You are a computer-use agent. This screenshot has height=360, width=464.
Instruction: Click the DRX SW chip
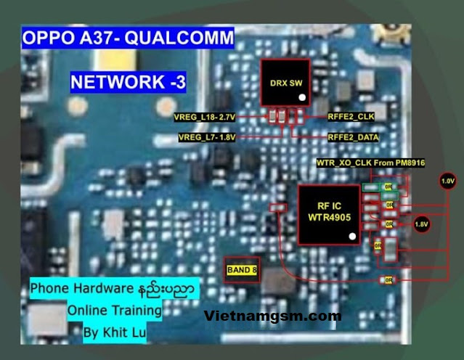[x=285, y=85]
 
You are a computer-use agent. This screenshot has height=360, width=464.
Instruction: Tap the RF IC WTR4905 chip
[x=328, y=213]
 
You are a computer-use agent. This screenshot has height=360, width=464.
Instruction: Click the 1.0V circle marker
[x=448, y=180]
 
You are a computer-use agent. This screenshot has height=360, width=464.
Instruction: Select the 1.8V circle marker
[x=421, y=225]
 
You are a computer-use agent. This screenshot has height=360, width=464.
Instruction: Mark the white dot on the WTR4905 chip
[x=351, y=237]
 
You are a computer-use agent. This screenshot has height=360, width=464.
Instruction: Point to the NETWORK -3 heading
[x=128, y=82]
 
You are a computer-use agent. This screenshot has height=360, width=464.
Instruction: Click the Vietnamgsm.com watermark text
[x=272, y=316]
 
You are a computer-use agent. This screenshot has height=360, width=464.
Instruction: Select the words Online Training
[x=115, y=310]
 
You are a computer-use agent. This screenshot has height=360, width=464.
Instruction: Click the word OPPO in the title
[x=45, y=38]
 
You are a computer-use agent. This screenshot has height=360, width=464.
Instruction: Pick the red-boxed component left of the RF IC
[x=276, y=208]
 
